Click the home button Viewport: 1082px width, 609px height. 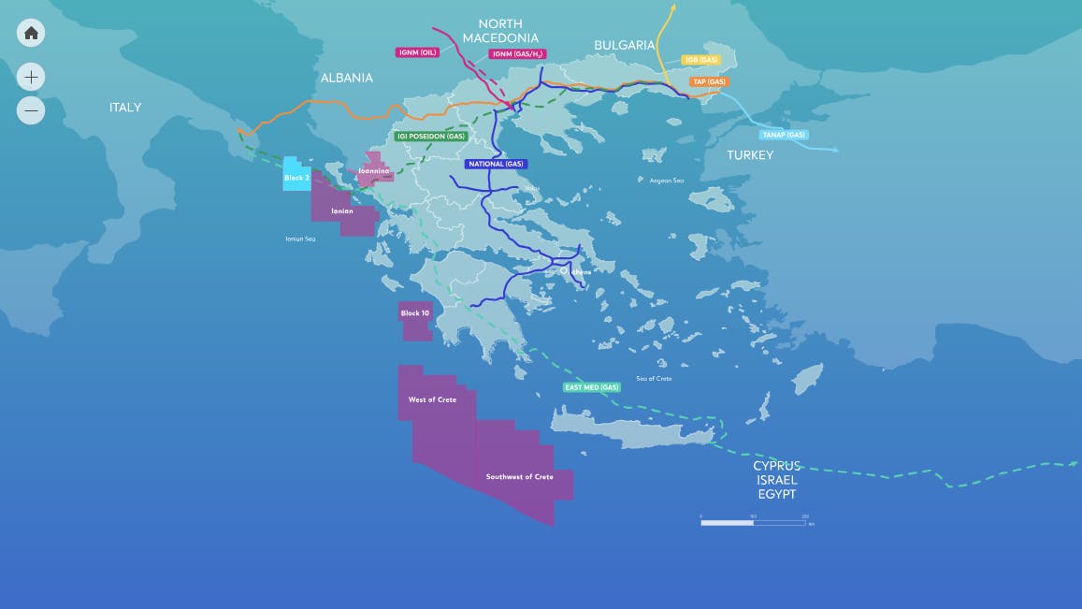[31, 33]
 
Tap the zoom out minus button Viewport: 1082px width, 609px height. [31, 110]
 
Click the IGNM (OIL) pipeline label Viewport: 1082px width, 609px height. [417, 52]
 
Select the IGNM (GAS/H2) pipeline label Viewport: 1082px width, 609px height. [516, 54]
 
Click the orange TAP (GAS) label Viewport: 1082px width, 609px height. [709, 81]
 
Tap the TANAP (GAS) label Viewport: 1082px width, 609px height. [784, 135]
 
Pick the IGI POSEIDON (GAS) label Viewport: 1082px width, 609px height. [431, 136]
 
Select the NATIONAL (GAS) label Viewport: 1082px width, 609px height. [496, 164]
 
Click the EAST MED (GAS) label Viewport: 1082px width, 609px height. [592, 387]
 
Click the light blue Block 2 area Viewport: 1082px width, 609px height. [296, 176]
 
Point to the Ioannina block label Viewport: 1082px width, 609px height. [373, 170]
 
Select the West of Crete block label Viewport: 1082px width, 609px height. [432, 399]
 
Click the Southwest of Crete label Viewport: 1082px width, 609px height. [519, 476]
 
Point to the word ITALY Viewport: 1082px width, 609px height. [125, 108]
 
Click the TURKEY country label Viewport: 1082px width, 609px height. [750, 155]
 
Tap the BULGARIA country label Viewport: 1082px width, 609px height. [625, 45]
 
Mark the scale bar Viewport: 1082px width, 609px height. [753, 522]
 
